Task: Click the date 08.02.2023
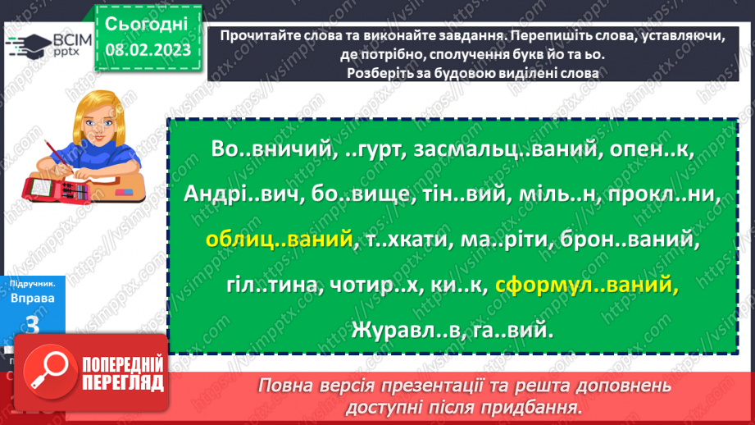147,51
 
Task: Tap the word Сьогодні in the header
147,22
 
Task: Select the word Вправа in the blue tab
34,298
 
